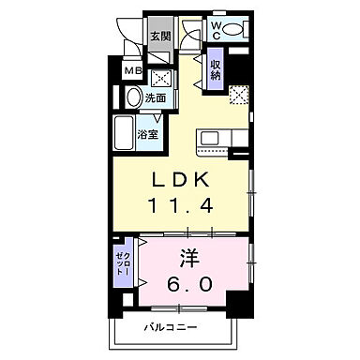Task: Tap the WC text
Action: (217, 27)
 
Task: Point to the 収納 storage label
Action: (217, 69)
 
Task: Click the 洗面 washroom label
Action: (155, 97)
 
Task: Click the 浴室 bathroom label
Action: (148, 134)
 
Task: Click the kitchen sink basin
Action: (208, 138)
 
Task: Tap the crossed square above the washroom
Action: (160, 78)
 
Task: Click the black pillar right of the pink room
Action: (245, 302)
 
